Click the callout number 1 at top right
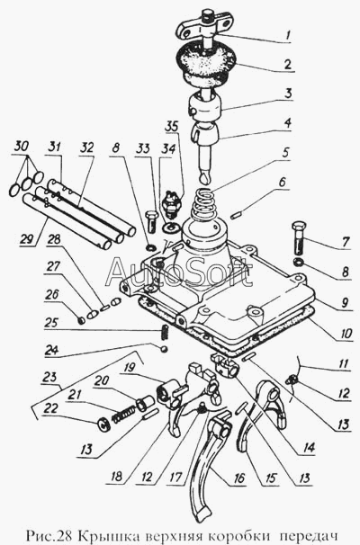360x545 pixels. coord(288,35)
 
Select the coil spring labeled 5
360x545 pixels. coord(203,204)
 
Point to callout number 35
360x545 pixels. coord(172,128)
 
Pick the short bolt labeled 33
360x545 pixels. coord(152,222)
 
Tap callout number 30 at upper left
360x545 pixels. coord(22,147)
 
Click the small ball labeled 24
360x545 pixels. coord(164,349)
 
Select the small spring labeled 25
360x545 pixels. coord(166,332)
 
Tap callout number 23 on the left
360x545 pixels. coord(49,378)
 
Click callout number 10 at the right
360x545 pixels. coord(346,335)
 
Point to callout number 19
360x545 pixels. coord(129,368)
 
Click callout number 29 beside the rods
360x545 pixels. coord(26,239)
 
